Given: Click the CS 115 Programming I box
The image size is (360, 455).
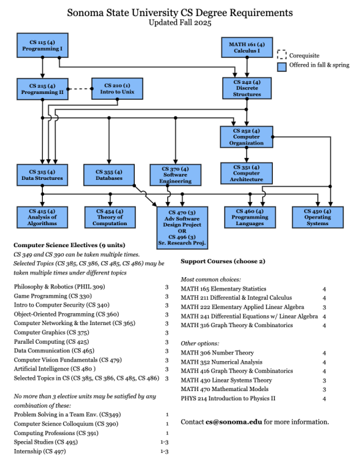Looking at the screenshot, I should pos(41,47).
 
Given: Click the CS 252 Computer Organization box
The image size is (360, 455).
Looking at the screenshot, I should pos(247,137).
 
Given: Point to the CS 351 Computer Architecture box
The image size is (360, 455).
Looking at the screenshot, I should pos(247,173).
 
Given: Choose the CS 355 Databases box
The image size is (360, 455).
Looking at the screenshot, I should pos(109,174).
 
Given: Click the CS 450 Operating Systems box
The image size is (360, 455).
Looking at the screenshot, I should pos(317,217).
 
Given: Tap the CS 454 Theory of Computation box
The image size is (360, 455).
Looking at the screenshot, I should pos(109,217).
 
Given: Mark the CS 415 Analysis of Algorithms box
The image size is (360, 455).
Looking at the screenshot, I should pos(41,217).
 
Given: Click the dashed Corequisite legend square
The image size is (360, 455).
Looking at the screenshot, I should pos(282,56).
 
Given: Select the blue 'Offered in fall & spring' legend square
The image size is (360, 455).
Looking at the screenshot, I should pos(282,67).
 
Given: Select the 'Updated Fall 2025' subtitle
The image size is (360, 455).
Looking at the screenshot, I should pos(179,22).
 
